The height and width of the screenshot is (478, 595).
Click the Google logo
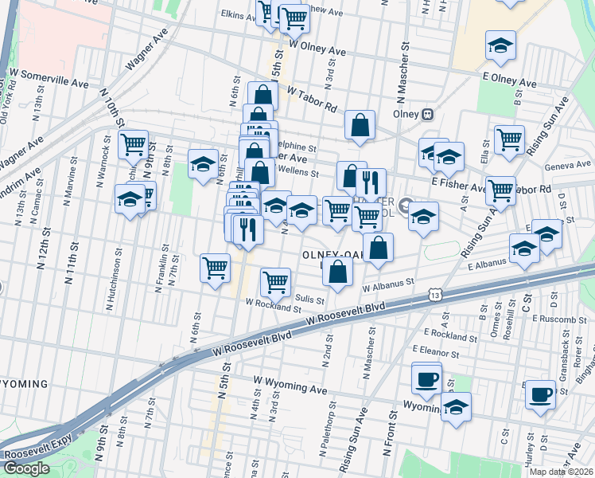point(26,468)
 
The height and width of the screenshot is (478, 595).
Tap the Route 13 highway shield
point(434,296)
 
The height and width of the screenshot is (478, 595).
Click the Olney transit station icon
point(428,114)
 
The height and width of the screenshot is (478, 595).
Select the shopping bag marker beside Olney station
point(360,125)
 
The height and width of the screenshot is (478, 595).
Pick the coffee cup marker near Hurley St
point(541,394)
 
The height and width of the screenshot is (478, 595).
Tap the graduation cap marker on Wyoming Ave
point(456,408)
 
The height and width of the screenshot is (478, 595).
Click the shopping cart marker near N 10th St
point(133,145)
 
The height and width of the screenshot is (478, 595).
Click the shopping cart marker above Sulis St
point(275,280)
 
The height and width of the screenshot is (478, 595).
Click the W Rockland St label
point(274,307)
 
